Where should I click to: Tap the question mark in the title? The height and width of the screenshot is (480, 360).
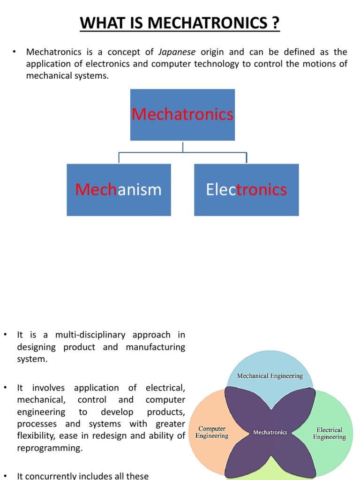pyautogui.click(x=276, y=22)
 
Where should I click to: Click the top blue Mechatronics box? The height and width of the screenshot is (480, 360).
pyautogui.click(x=182, y=115)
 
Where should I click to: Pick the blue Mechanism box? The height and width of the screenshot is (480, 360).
pyautogui.click(x=119, y=190)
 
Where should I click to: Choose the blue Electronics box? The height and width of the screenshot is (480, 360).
pyautogui.click(x=247, y=190)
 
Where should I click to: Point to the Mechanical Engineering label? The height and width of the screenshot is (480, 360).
pyautogui.click(x=270, y=375)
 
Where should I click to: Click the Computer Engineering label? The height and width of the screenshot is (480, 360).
pyautogui.click(x=212, y=432)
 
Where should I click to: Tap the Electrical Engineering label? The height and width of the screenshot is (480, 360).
pyautogui.click(x=330, y=433)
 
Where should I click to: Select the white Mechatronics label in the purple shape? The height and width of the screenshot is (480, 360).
pyautogui.click(x=270, y=432)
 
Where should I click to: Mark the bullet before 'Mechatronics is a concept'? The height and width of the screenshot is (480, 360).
pyautogui.click(x=15, y=52)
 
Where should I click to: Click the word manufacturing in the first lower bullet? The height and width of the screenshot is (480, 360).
pyautogui.click(x=156, y=347)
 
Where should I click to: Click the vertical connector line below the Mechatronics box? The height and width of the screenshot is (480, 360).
pyautogui.click(x=183, y=146)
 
